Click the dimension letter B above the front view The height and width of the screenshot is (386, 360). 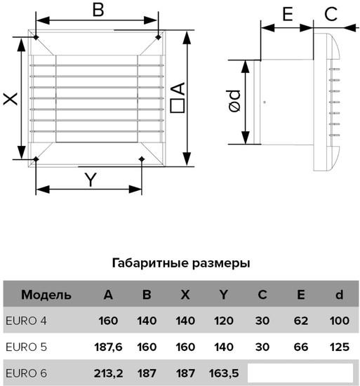pyautogui.click(x=98, y=10)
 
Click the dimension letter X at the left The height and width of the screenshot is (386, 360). pyautogui.click(x=11, y=99)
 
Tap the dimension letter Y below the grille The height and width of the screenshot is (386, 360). pyautogui.click(x=91, y=180)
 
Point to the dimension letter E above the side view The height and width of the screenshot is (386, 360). pyautogui.click(x=288, y=14)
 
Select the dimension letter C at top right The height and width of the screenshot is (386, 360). pyautogui.click(x=331, y=14)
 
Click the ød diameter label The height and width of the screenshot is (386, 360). pyautogui.click(x=234, y=101)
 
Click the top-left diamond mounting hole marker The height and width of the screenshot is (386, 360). pyautogui.click(x=36, y=37)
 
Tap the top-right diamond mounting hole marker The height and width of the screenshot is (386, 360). pyautogui.click(x=158, y=37)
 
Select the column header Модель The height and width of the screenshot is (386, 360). pyautogui.click(x=46, y=295)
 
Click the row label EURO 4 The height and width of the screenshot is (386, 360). pyautogui.click(x=26, y=321)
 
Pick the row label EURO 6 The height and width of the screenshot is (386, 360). pyautogui.click(x=26, y=373)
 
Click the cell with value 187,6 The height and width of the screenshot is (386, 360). pyautogui.click(x=108, y=347)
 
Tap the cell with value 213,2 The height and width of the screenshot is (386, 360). pyautogui.click(x=108, y=373)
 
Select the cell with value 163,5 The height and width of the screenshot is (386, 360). pyautogui.click(x=224, y=373)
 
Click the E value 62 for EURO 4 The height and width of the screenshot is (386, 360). pyautogui.click(x=301, y=321)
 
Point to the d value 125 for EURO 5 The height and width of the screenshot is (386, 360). pyautogui.click(x=340, y=347)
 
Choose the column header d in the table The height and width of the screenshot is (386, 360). pyautogui.click(x=340, y=295)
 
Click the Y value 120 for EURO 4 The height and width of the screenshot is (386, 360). pyautogui.click(x=224, y=321)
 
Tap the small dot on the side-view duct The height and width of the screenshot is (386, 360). pyautogui.click(x=265, y=102)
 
